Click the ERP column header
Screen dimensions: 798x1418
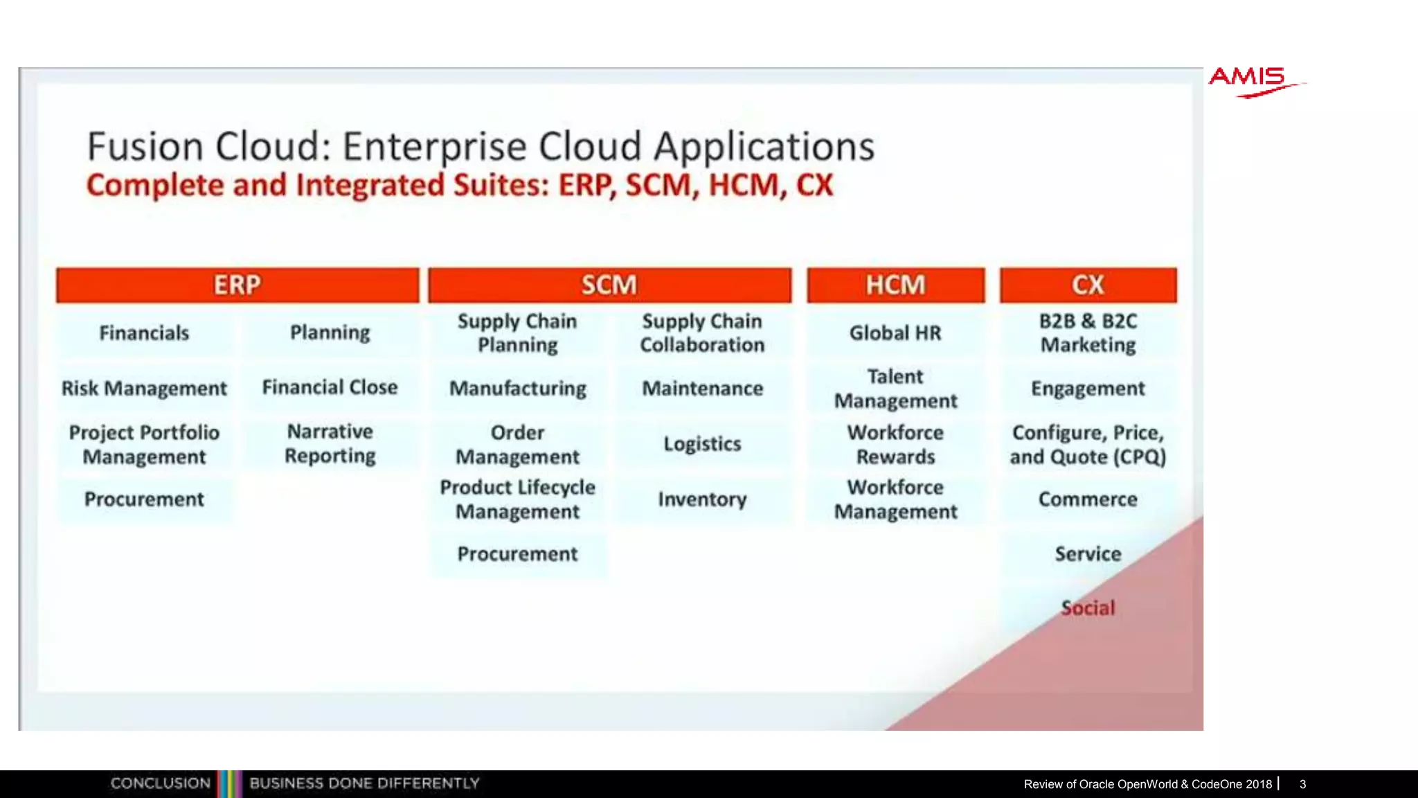point(237,285)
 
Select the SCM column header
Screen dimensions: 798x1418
point(609,285)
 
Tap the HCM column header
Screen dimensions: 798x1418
point(895,285)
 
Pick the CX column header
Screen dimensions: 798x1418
point(1088,285)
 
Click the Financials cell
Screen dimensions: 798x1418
point(144,333)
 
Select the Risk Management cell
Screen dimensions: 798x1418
point(144,389)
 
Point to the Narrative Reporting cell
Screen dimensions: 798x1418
point(330,444)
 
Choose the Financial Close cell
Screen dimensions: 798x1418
point(330,387)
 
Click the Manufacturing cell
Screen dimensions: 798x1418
point(518,389)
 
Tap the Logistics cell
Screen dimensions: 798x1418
point(702,444)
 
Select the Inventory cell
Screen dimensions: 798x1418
point(702,499)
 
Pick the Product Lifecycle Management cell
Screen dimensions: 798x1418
point(518,499)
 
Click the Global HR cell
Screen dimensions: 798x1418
point(895,333)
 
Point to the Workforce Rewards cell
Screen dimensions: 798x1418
point(895,445)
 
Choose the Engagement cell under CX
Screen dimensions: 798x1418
point(1088,389)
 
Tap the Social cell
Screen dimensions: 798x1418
point(1088,608)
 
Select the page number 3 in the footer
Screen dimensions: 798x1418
point(1302,784)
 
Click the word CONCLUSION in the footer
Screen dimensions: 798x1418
point(161,783)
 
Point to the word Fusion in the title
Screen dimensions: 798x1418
point(145,147)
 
